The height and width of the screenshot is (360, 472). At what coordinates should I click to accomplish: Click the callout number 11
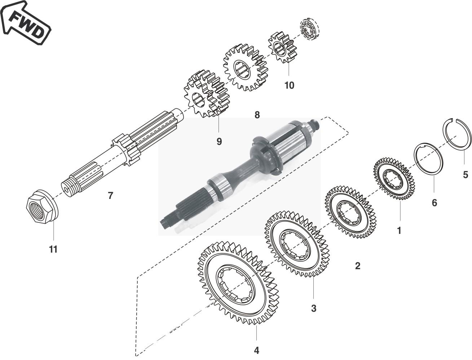coord(53,249)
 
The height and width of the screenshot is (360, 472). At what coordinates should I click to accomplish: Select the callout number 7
coord(110,196)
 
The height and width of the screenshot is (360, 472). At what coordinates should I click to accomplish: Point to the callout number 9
coord(219,142)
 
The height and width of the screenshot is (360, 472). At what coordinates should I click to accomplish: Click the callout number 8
coord(257,115)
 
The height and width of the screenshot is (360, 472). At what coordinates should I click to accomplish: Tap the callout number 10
coord(289,85)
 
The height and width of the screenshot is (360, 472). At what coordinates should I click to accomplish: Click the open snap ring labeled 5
coord(457,133)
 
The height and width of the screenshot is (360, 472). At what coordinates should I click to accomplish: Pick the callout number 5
coord(466,175)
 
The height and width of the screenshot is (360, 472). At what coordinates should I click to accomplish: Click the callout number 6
coord(434,203)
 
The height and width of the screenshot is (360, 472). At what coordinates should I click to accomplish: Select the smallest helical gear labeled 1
coord(393,178)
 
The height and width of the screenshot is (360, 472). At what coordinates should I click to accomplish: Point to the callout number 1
coord(399,230)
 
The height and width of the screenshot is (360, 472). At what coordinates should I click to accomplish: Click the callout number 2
coord(357,266)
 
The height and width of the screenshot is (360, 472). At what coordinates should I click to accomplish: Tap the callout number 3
coord(314,308)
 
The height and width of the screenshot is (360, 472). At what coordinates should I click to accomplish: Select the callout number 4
coord(256,350)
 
